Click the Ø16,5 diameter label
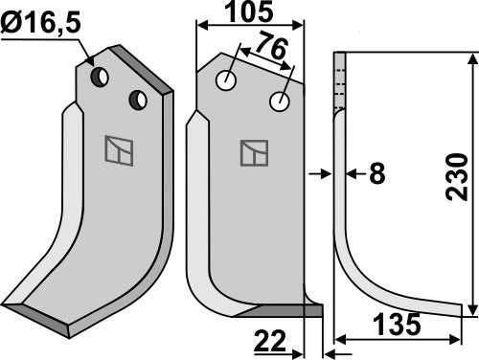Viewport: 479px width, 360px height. pyautogui.click(x=44, y=20)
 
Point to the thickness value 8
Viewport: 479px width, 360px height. pyautogui.click(x=376, y=173)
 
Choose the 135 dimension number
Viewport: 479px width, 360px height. pyautogui.click(x=396, y=326)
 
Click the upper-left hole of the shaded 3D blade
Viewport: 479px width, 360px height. pyautogui.click(x=99, y=75)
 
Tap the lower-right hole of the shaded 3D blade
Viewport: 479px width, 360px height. pyautogui.click(x=139, y=99)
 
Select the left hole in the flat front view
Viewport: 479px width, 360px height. pyautogui.click(x=225, y=81)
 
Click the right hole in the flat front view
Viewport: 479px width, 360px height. pyautogui.click(x=280, y=101)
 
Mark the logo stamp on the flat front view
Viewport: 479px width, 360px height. pyautogui.click(x=254, y=153)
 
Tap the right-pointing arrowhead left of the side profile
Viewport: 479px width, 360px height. pyautogui.click(x=325, y=173)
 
